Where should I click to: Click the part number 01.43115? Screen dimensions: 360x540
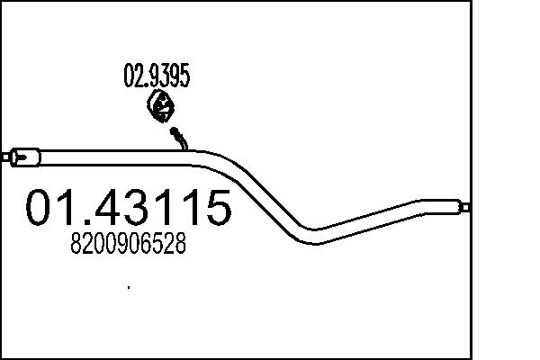click(x=128, y=209)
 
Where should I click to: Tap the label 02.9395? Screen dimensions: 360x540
click(x=156, y=77)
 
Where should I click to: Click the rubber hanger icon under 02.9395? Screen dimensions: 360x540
click(x=160, y=108)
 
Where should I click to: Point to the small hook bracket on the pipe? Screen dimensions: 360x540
click(x=180, y=137)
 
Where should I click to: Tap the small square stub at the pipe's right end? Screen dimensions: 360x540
click(x=466, y=206)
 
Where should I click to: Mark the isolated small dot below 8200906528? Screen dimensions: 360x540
click(x=129, y=288)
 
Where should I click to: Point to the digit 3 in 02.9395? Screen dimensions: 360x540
click(x=161, y=77)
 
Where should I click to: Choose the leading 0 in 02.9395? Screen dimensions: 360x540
click(x=129, y=77)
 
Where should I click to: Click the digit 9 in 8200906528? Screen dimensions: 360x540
click(x=122, y=244)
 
